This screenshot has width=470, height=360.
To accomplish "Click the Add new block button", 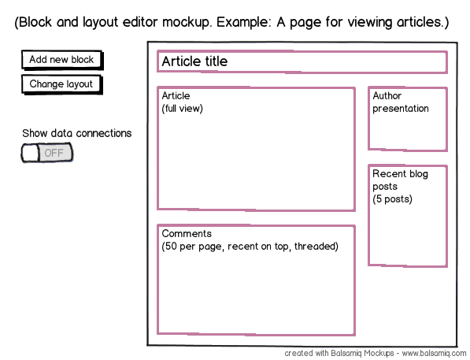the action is [62, 60].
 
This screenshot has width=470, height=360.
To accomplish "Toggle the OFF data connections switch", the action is [47, 153].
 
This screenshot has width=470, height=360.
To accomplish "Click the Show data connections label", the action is [76, 133].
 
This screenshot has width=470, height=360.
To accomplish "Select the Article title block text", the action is [194, 61].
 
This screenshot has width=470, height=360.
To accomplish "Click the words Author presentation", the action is [401, 102].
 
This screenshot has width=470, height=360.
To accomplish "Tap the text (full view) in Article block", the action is [182, 108].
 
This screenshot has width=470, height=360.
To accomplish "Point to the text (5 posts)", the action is [392, 199].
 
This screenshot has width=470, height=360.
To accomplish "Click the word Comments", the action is [187, 233].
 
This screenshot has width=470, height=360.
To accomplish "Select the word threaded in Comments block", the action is [316, 247].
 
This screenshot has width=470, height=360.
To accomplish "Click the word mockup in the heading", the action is [187, 22].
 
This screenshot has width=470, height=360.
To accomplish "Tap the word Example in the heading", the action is [244, 22].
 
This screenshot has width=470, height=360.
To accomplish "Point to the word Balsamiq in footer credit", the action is [346, 353].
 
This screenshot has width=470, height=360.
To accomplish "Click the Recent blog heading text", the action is [400, 174].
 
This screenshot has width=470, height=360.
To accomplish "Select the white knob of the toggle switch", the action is [30, 153].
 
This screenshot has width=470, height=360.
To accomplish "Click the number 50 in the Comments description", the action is [171, 247].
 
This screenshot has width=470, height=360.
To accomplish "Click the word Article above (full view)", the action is [176, 95].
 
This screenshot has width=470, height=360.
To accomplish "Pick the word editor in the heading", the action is [140, 22].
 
